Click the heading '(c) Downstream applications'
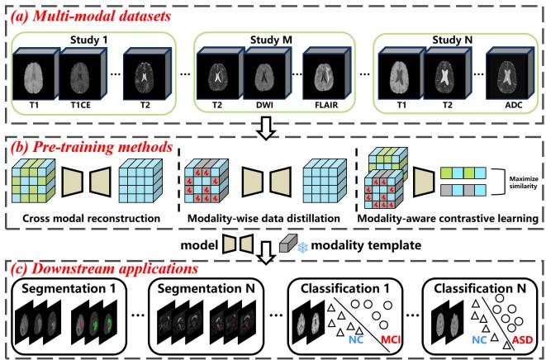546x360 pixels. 108,267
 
